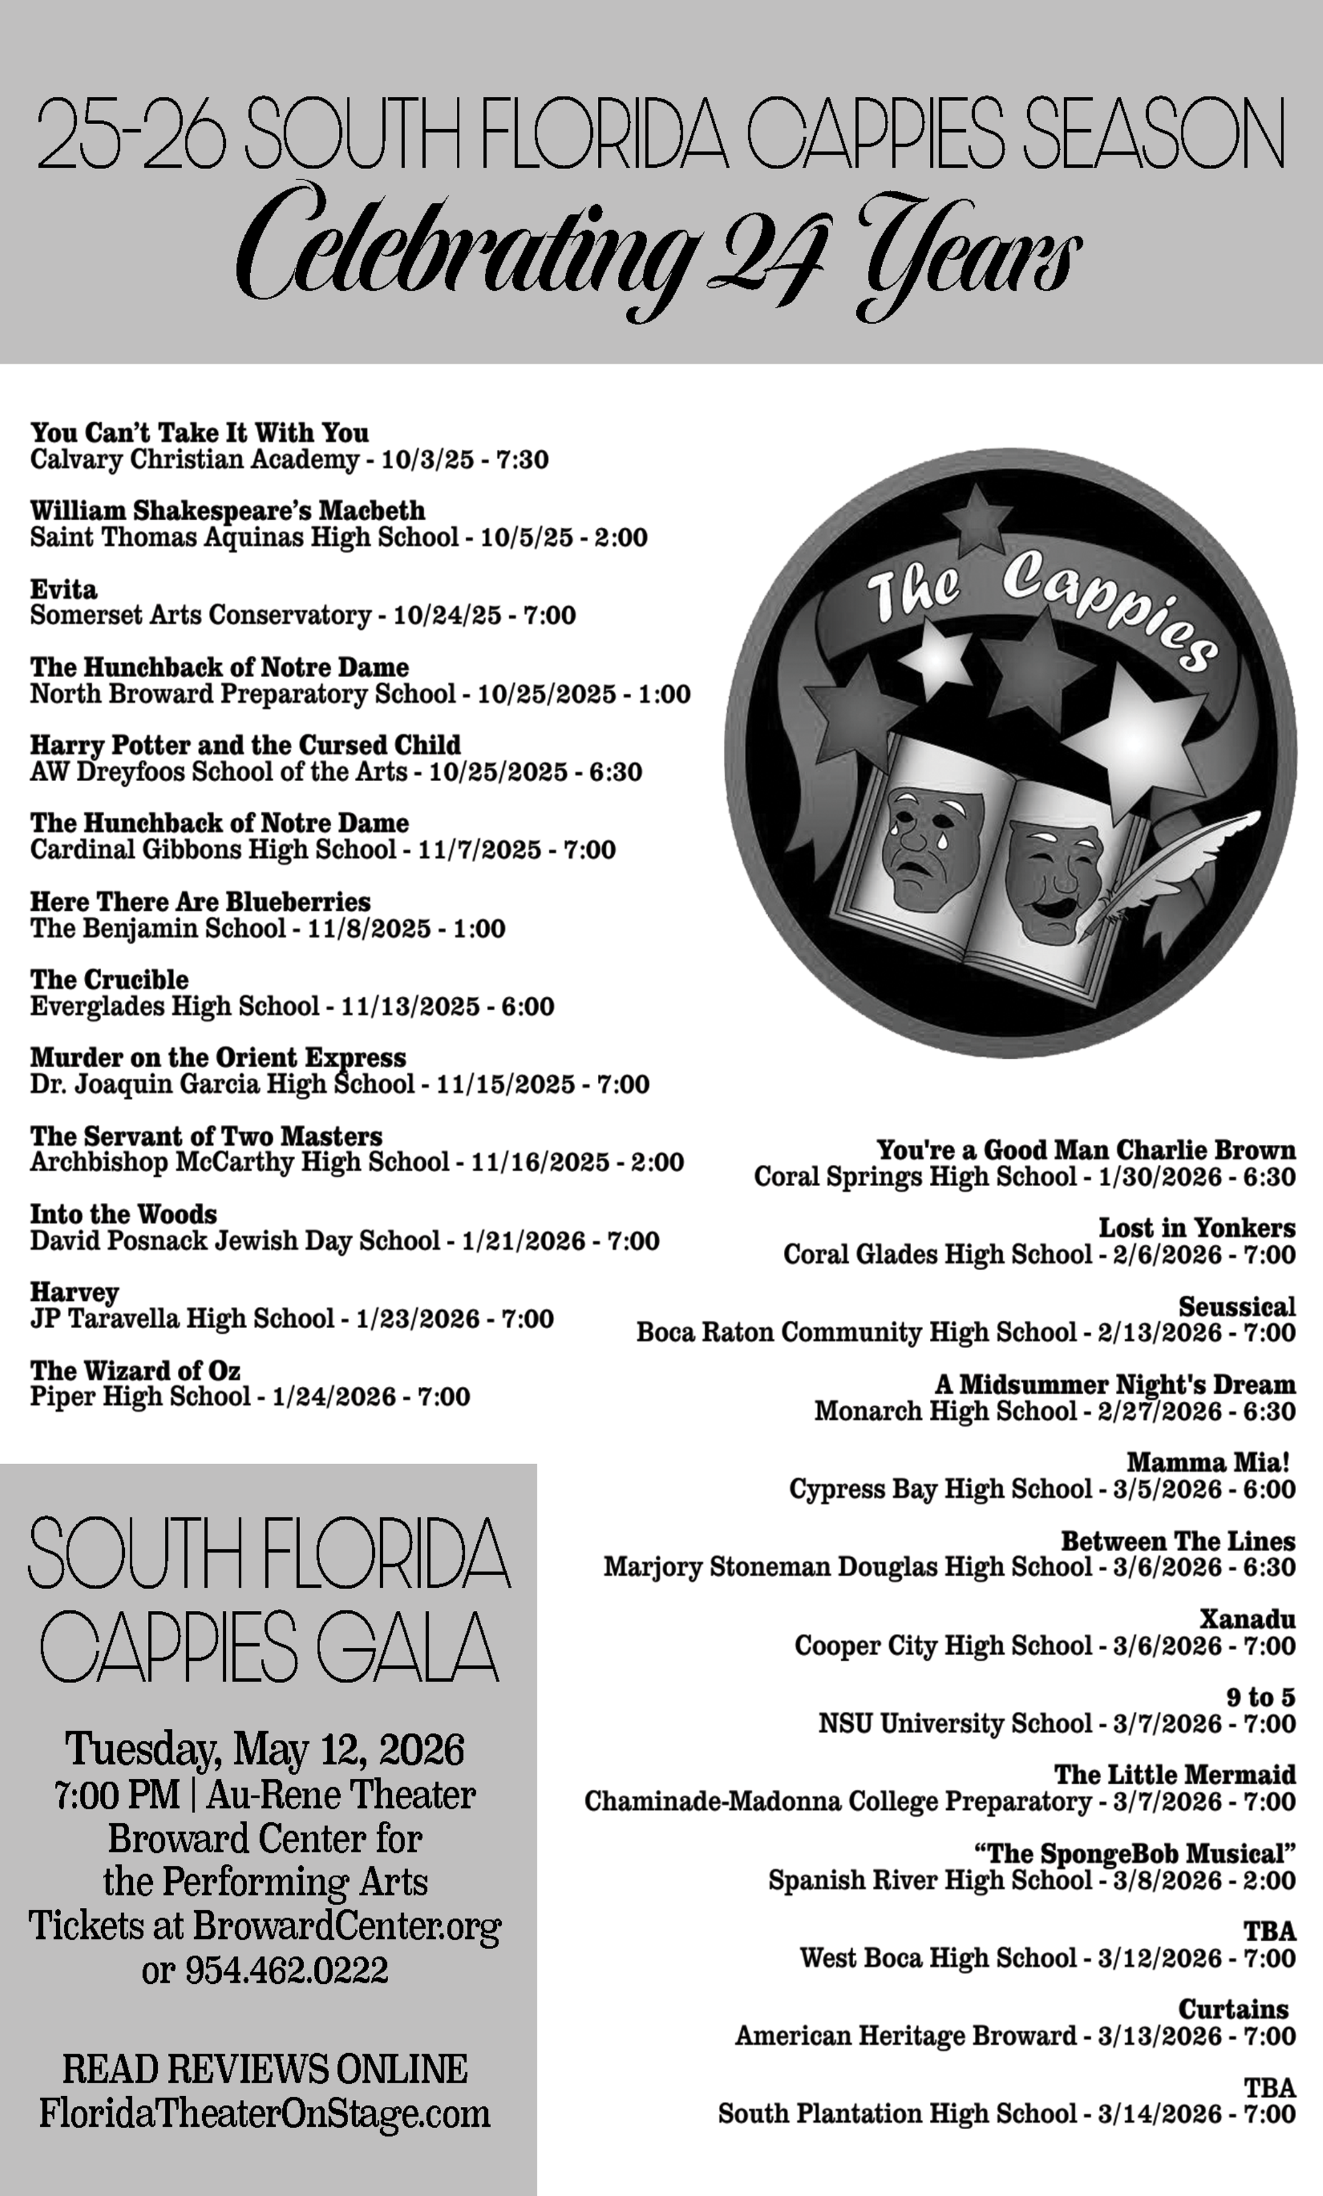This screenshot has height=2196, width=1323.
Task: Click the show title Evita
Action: [x=63, y=589]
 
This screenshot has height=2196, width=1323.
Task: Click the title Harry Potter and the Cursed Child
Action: [x=245, y=745]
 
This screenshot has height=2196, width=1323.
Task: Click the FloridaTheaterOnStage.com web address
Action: [x=265, y=2113]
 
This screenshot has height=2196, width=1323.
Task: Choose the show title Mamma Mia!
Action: [x=1208, y=1462]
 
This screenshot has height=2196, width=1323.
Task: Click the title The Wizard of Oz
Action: [x=135, y=1370]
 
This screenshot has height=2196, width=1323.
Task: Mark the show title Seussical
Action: [x=1236, y=1306]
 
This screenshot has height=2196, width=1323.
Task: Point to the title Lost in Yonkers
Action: [x=1196, y=1228]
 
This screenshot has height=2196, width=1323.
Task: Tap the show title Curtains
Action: [x=1233, y=2009]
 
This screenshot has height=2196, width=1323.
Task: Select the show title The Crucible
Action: [x=109, y=979]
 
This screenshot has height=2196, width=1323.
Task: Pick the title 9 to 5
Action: [x=1261, y=1697]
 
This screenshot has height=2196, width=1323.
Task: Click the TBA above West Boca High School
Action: [x=1269, y=1931]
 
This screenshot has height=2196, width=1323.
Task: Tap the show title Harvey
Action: [x=74, y=1292]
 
